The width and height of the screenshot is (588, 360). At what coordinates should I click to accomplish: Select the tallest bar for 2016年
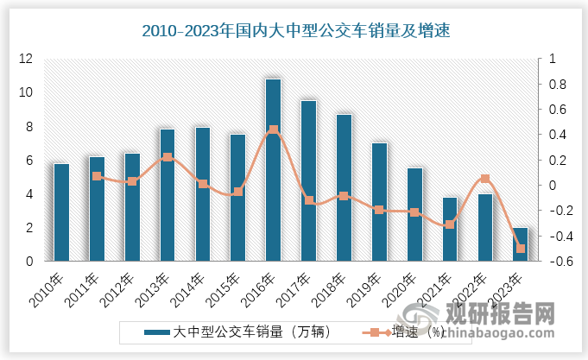point(273,169)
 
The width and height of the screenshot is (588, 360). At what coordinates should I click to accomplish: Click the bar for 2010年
point(61,212)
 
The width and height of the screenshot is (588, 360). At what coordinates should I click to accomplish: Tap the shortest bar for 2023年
point(521,244)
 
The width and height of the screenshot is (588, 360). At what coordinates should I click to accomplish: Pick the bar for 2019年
point(379,201)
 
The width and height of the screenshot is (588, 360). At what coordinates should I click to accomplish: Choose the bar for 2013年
point(168,194)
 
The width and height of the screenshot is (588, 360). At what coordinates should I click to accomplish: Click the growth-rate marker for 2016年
point(274,130)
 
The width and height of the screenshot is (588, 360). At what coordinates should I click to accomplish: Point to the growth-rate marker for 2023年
point(521,249)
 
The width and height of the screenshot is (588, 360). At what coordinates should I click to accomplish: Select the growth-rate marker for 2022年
point(485,179)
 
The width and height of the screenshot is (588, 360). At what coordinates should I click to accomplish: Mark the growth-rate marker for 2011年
point(97,176)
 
